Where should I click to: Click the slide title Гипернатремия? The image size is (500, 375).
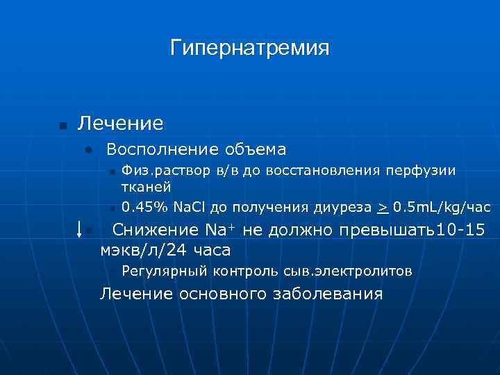pos(249,49)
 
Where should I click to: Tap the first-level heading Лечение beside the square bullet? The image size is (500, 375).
pos(121,124)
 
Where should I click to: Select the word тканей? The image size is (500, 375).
pos(147,187)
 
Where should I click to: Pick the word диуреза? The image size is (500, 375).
pos(345,207)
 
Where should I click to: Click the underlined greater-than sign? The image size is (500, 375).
pos(382,207)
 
